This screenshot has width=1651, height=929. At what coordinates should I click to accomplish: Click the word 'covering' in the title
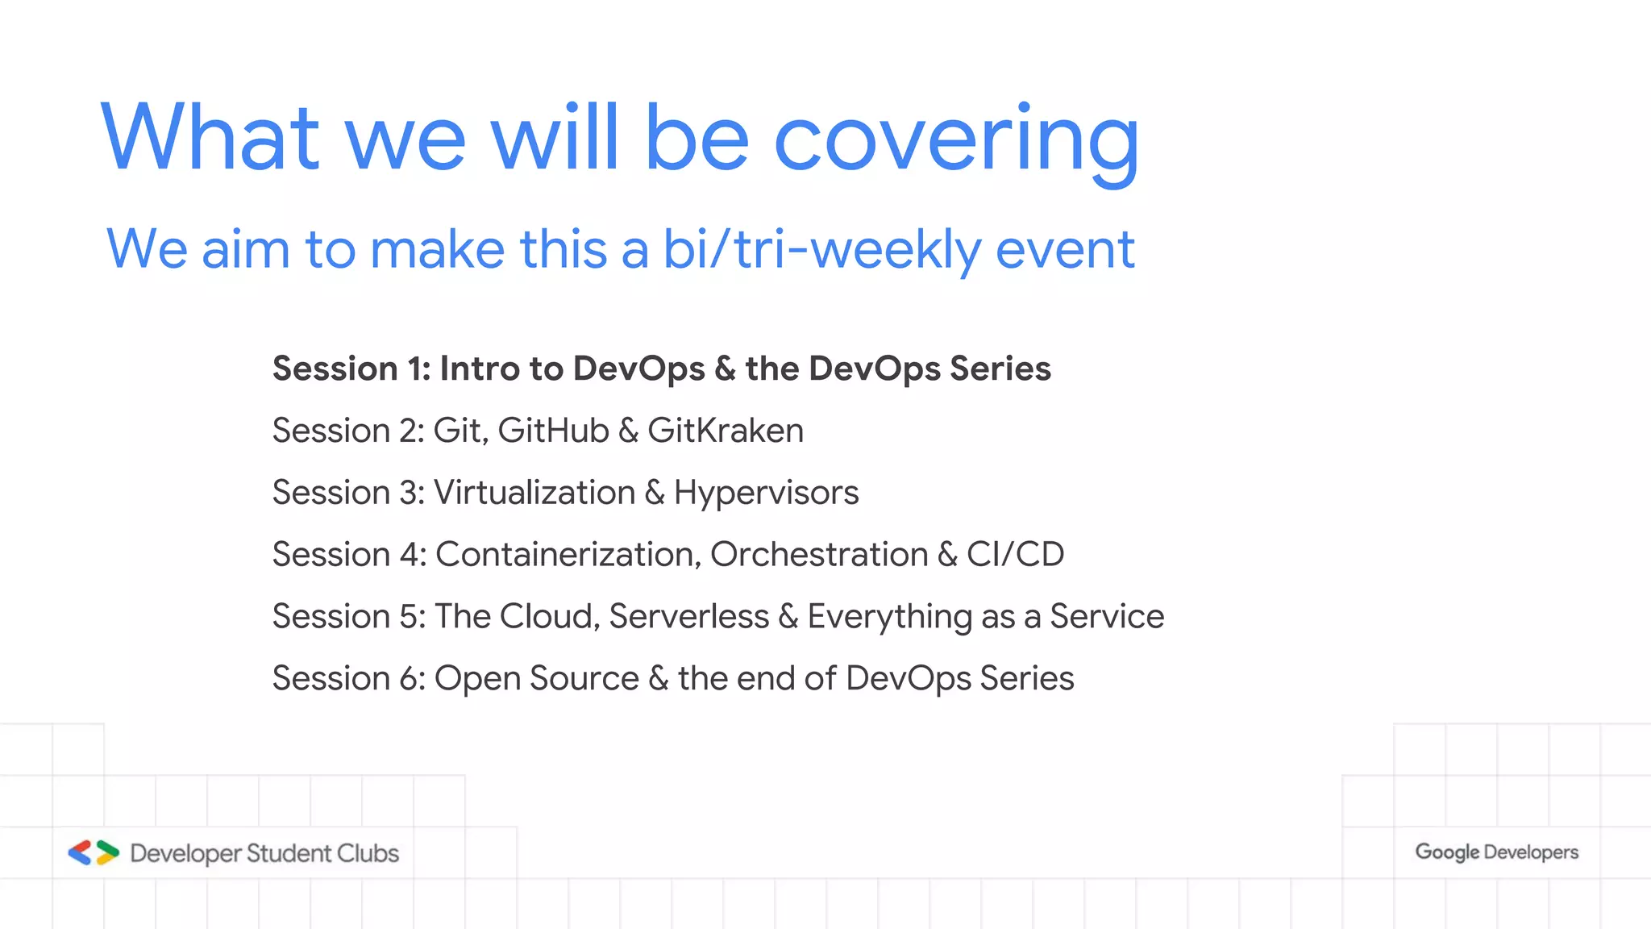[956, 139]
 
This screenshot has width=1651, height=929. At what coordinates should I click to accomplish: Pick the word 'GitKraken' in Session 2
[725, 431]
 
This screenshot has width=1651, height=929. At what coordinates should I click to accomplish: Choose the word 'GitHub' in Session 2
[553, 431]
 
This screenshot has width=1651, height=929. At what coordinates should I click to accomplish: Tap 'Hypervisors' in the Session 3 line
[766, 493]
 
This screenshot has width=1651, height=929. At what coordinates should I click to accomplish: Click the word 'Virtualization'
[534, 493]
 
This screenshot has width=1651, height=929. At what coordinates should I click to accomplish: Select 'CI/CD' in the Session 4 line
[1015, 555]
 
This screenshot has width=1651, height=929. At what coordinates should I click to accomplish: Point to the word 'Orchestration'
[819, 555]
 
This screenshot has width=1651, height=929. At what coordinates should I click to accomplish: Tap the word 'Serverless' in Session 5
[689, 617]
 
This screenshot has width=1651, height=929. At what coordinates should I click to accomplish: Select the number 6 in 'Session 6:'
[409, 678]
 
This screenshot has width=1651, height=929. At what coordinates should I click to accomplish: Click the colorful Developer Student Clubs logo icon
[94, 852]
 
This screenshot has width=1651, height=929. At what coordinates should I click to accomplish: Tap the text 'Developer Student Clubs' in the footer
[264, 853]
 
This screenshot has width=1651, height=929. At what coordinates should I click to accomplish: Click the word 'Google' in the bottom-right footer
[1447, 852]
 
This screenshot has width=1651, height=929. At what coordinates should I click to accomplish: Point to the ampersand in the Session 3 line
[655, 493]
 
